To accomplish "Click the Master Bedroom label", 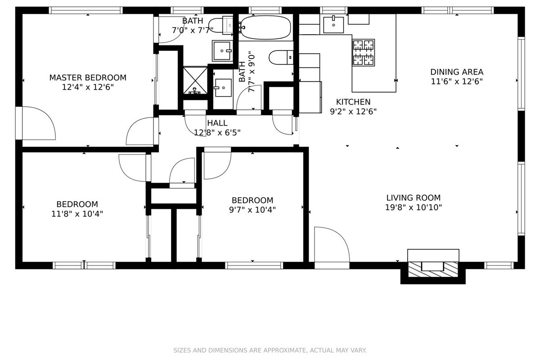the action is coord(88,78).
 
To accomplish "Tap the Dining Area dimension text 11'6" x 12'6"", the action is coord(457,81).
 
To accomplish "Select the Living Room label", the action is coord(414,198).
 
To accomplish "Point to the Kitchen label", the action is coord(353,102).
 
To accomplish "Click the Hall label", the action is coord(217,123).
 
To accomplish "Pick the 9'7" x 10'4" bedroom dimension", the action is coord(252,210).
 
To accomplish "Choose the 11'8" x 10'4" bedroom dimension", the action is coord(77,214).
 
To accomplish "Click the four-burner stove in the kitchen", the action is coord(363,53).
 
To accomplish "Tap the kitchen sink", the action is coord(333,24).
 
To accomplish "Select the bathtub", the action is coord(265,27).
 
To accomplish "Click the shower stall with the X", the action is coord(195,81).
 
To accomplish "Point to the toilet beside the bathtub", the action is coord(281,58).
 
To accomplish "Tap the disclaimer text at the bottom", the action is coord(270,350).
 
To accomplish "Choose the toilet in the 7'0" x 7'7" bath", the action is coord(221,25).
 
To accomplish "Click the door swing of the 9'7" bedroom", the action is coord(217,166).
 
